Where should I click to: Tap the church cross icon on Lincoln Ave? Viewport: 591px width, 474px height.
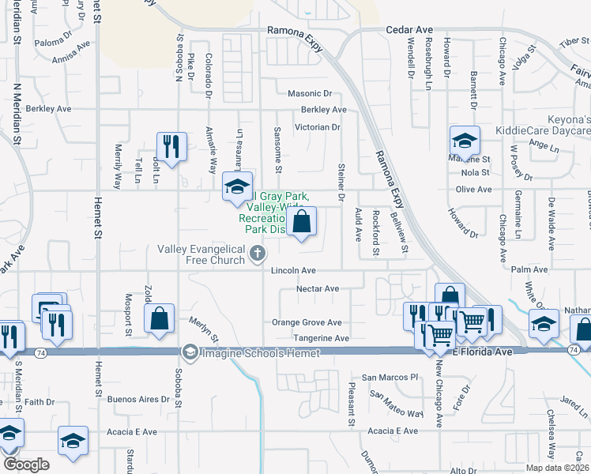pyautogui.click(x=257, y=254)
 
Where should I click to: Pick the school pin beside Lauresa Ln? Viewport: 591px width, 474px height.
pyautogui.click(x=236, y=186)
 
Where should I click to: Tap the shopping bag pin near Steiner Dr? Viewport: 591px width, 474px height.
pyautogui.click(x=301, y=222)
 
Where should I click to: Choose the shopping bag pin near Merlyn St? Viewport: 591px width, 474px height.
pyautogui.click(x=160, y=319)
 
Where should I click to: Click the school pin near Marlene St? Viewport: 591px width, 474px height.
pyautogui.click(x=465, y=141)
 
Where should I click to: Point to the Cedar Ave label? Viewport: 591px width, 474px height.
pyautogui.click(x=405, y=30)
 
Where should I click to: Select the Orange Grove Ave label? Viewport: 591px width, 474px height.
pyautogui.click(x=307, y=322)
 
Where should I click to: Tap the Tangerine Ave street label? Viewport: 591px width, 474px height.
pyautogui.click(x=321, y=338)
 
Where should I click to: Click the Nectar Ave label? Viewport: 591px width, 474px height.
pyautogui.click(x=317, y=289)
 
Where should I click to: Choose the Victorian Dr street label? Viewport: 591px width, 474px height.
pyautogui.click(x=317, y=126)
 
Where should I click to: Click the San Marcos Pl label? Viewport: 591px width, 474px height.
pyautogui.click(x=389, y=378)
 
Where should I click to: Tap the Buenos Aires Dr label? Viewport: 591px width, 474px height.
pyautogui.click(x=138, y=399)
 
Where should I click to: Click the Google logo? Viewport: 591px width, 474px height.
pyautogui.click(x=26, y=465)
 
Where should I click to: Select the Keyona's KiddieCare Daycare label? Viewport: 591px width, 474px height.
pyautogui.click(x=554, y=123)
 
